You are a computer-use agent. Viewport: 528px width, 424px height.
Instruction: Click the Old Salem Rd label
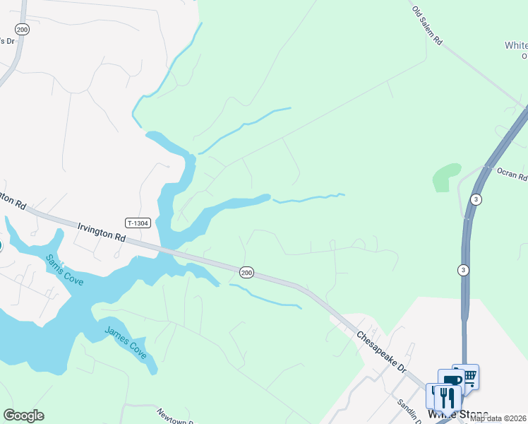(427, 26)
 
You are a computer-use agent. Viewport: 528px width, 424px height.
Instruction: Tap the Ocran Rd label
(512, 175)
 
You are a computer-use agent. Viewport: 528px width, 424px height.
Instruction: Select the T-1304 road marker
(138, 223)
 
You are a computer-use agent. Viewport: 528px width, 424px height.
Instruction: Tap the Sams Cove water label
(64, 270)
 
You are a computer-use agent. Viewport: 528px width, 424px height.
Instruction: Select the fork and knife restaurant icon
(446, 397)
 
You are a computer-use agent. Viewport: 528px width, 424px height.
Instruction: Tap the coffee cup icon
(452, 382)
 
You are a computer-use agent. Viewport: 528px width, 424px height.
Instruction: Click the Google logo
(23, 416)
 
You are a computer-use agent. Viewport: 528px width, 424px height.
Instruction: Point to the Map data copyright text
(498, 418)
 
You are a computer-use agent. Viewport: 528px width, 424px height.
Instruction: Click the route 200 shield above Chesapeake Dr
(246, 272)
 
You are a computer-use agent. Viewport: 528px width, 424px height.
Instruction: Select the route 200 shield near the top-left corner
(23, 29)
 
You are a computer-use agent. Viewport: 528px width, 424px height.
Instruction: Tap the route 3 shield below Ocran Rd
(463, 269)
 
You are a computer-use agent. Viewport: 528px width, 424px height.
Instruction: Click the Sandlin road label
(407, 410)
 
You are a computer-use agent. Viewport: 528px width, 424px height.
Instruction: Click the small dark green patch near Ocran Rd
(446, 177)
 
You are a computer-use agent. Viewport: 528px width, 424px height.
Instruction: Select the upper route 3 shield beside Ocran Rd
(477, 199)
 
